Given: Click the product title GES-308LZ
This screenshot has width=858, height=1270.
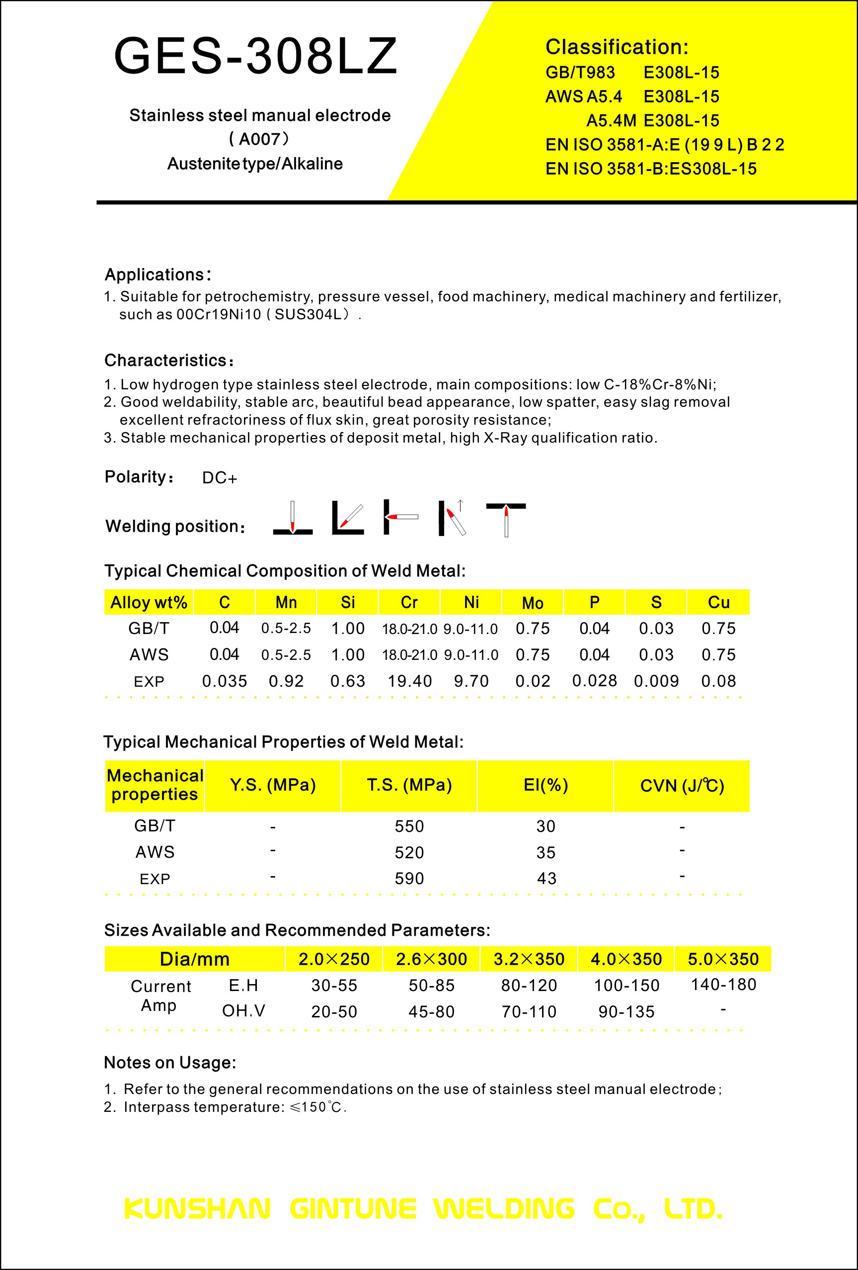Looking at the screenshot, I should [x=255, y=56].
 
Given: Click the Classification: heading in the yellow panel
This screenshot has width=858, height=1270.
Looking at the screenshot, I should [x=617, y=47].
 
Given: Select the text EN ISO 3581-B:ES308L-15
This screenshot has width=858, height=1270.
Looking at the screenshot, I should [x=650, y=169].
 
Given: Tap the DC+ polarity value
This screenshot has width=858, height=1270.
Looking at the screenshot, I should [x=220, y=478].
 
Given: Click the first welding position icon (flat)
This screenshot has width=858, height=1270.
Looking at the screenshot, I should [x=293, y=518].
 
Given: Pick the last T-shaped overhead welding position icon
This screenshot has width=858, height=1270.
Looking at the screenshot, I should [x=506, y=519].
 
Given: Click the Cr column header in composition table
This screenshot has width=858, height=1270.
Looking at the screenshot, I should [x=409, y=602].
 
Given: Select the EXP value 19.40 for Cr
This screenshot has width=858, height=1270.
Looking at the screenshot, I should [x=409, y=681].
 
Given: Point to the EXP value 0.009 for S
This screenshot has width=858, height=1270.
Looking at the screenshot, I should [x=656, y=681].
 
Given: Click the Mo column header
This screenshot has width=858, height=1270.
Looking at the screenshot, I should [x=533, y=603].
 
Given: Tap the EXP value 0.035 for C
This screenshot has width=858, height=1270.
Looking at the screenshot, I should [x=225, y=681].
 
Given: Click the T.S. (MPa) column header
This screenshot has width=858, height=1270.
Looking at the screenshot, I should [x=409, y=785].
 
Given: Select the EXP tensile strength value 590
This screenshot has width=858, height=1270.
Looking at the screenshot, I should [x=409, y=879].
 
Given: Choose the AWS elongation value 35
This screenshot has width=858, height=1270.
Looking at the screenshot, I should [x=546, y=852].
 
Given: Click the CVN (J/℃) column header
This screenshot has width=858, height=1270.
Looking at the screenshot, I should [x=682, y=786].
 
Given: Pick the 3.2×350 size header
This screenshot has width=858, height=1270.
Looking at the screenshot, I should [x=529, y=959].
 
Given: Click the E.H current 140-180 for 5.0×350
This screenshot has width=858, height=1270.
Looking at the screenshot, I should [x=723, y=985].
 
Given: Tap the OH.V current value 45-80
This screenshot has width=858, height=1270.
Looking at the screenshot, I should [x=431, y=1012].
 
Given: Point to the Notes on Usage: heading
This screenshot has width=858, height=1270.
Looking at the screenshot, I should [x=170, y=1062].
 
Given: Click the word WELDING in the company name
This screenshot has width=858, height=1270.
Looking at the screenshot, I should [x=504, y=1209].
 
